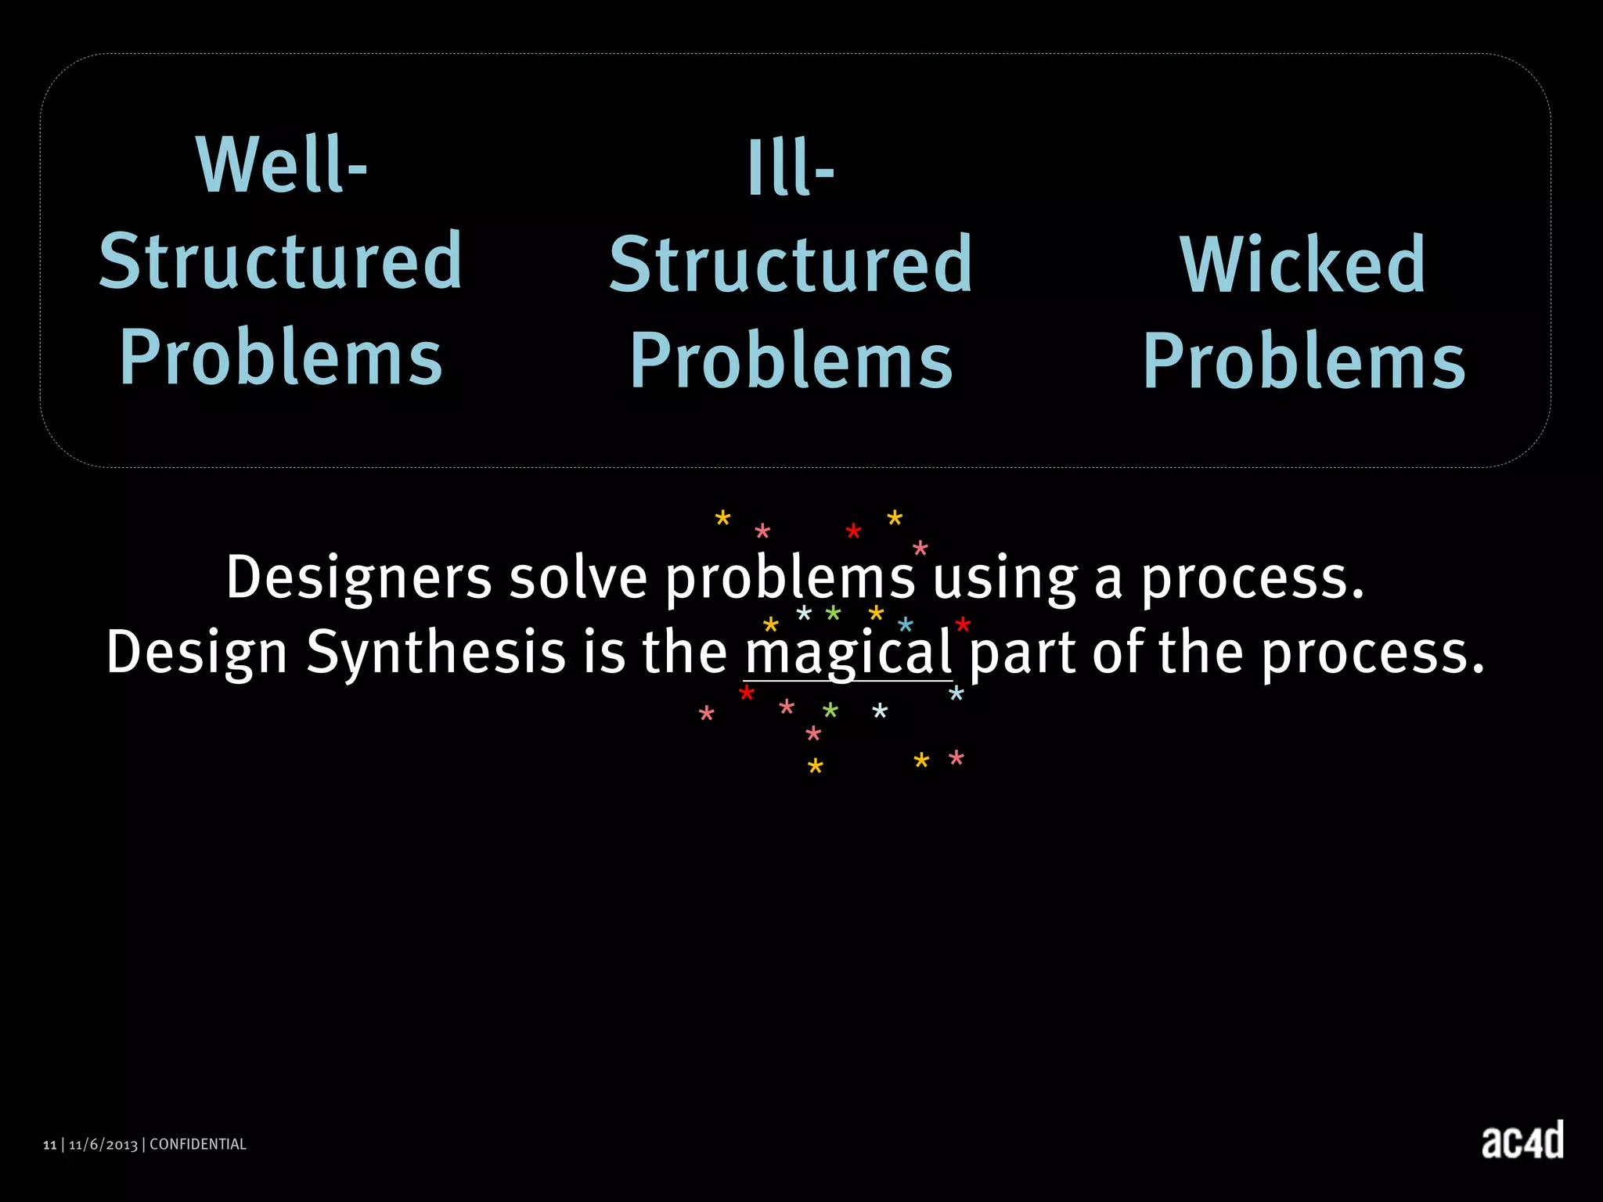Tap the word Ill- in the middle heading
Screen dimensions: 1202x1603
click(791, 168)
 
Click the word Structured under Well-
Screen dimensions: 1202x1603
click(281, 261)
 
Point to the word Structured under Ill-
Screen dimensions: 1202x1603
click(791, 265)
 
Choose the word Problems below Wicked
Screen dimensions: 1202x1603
click(1304, 361)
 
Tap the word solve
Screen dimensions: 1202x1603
click(578, 578)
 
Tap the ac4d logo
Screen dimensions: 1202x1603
click(1522, 1141)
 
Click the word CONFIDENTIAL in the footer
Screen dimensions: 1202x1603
click(198, 1144)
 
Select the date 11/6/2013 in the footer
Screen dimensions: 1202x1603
click(103, 1145)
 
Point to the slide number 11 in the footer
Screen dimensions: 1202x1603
click(50, 1145)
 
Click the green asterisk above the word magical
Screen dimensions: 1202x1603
click(834, 614)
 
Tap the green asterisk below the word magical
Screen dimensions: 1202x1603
click(830, 711)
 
